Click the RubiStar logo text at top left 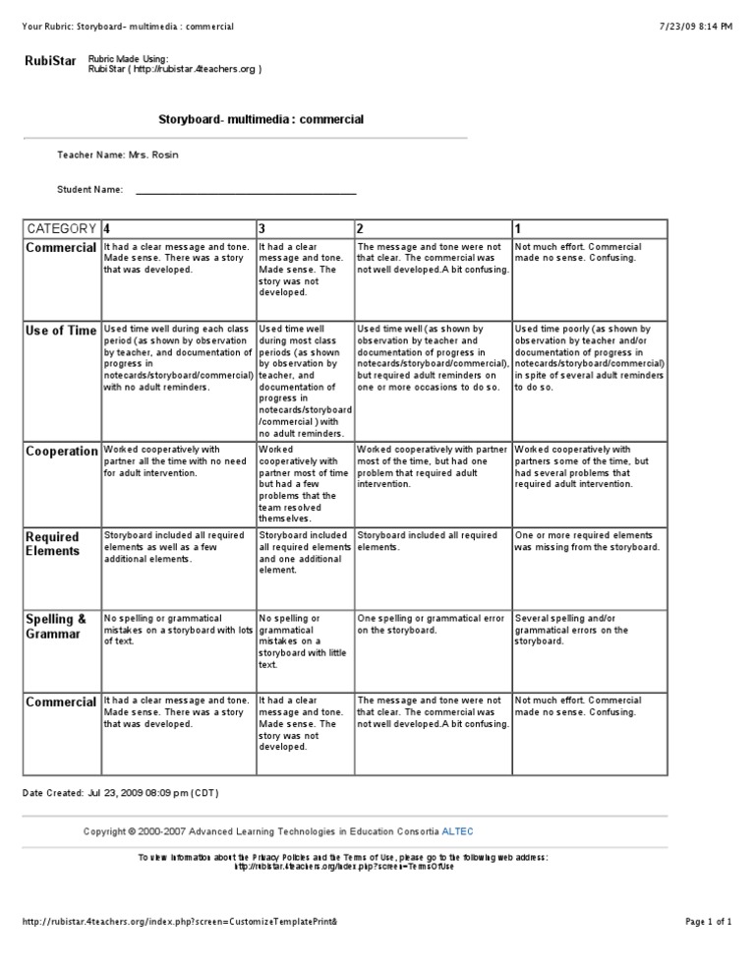tap(49, 62)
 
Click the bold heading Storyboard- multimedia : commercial tap(261, 119)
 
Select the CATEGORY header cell tap(61, 228)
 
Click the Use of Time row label tap(61, 332)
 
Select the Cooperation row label tap(61, 452)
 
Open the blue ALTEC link tap(457, 831)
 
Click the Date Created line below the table tap(120, 793)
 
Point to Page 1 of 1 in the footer tap(708, 922)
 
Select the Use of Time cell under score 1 tap(588, 358)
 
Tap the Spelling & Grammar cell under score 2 tap(432, 625)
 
